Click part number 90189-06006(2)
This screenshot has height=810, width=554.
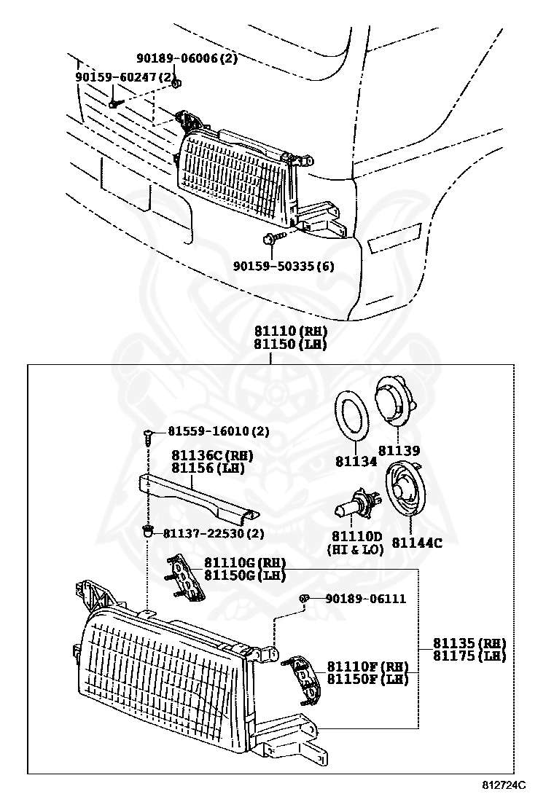187,59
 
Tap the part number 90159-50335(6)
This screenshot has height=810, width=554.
284,267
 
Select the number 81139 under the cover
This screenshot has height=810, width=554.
399,451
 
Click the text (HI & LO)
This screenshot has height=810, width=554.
355,550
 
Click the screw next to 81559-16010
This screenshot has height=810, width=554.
147,435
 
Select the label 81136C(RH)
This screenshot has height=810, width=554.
212,456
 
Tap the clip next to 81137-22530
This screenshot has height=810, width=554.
148,532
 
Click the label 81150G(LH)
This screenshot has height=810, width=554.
244,575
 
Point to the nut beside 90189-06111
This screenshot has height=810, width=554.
306,599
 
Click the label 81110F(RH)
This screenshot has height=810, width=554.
367,667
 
